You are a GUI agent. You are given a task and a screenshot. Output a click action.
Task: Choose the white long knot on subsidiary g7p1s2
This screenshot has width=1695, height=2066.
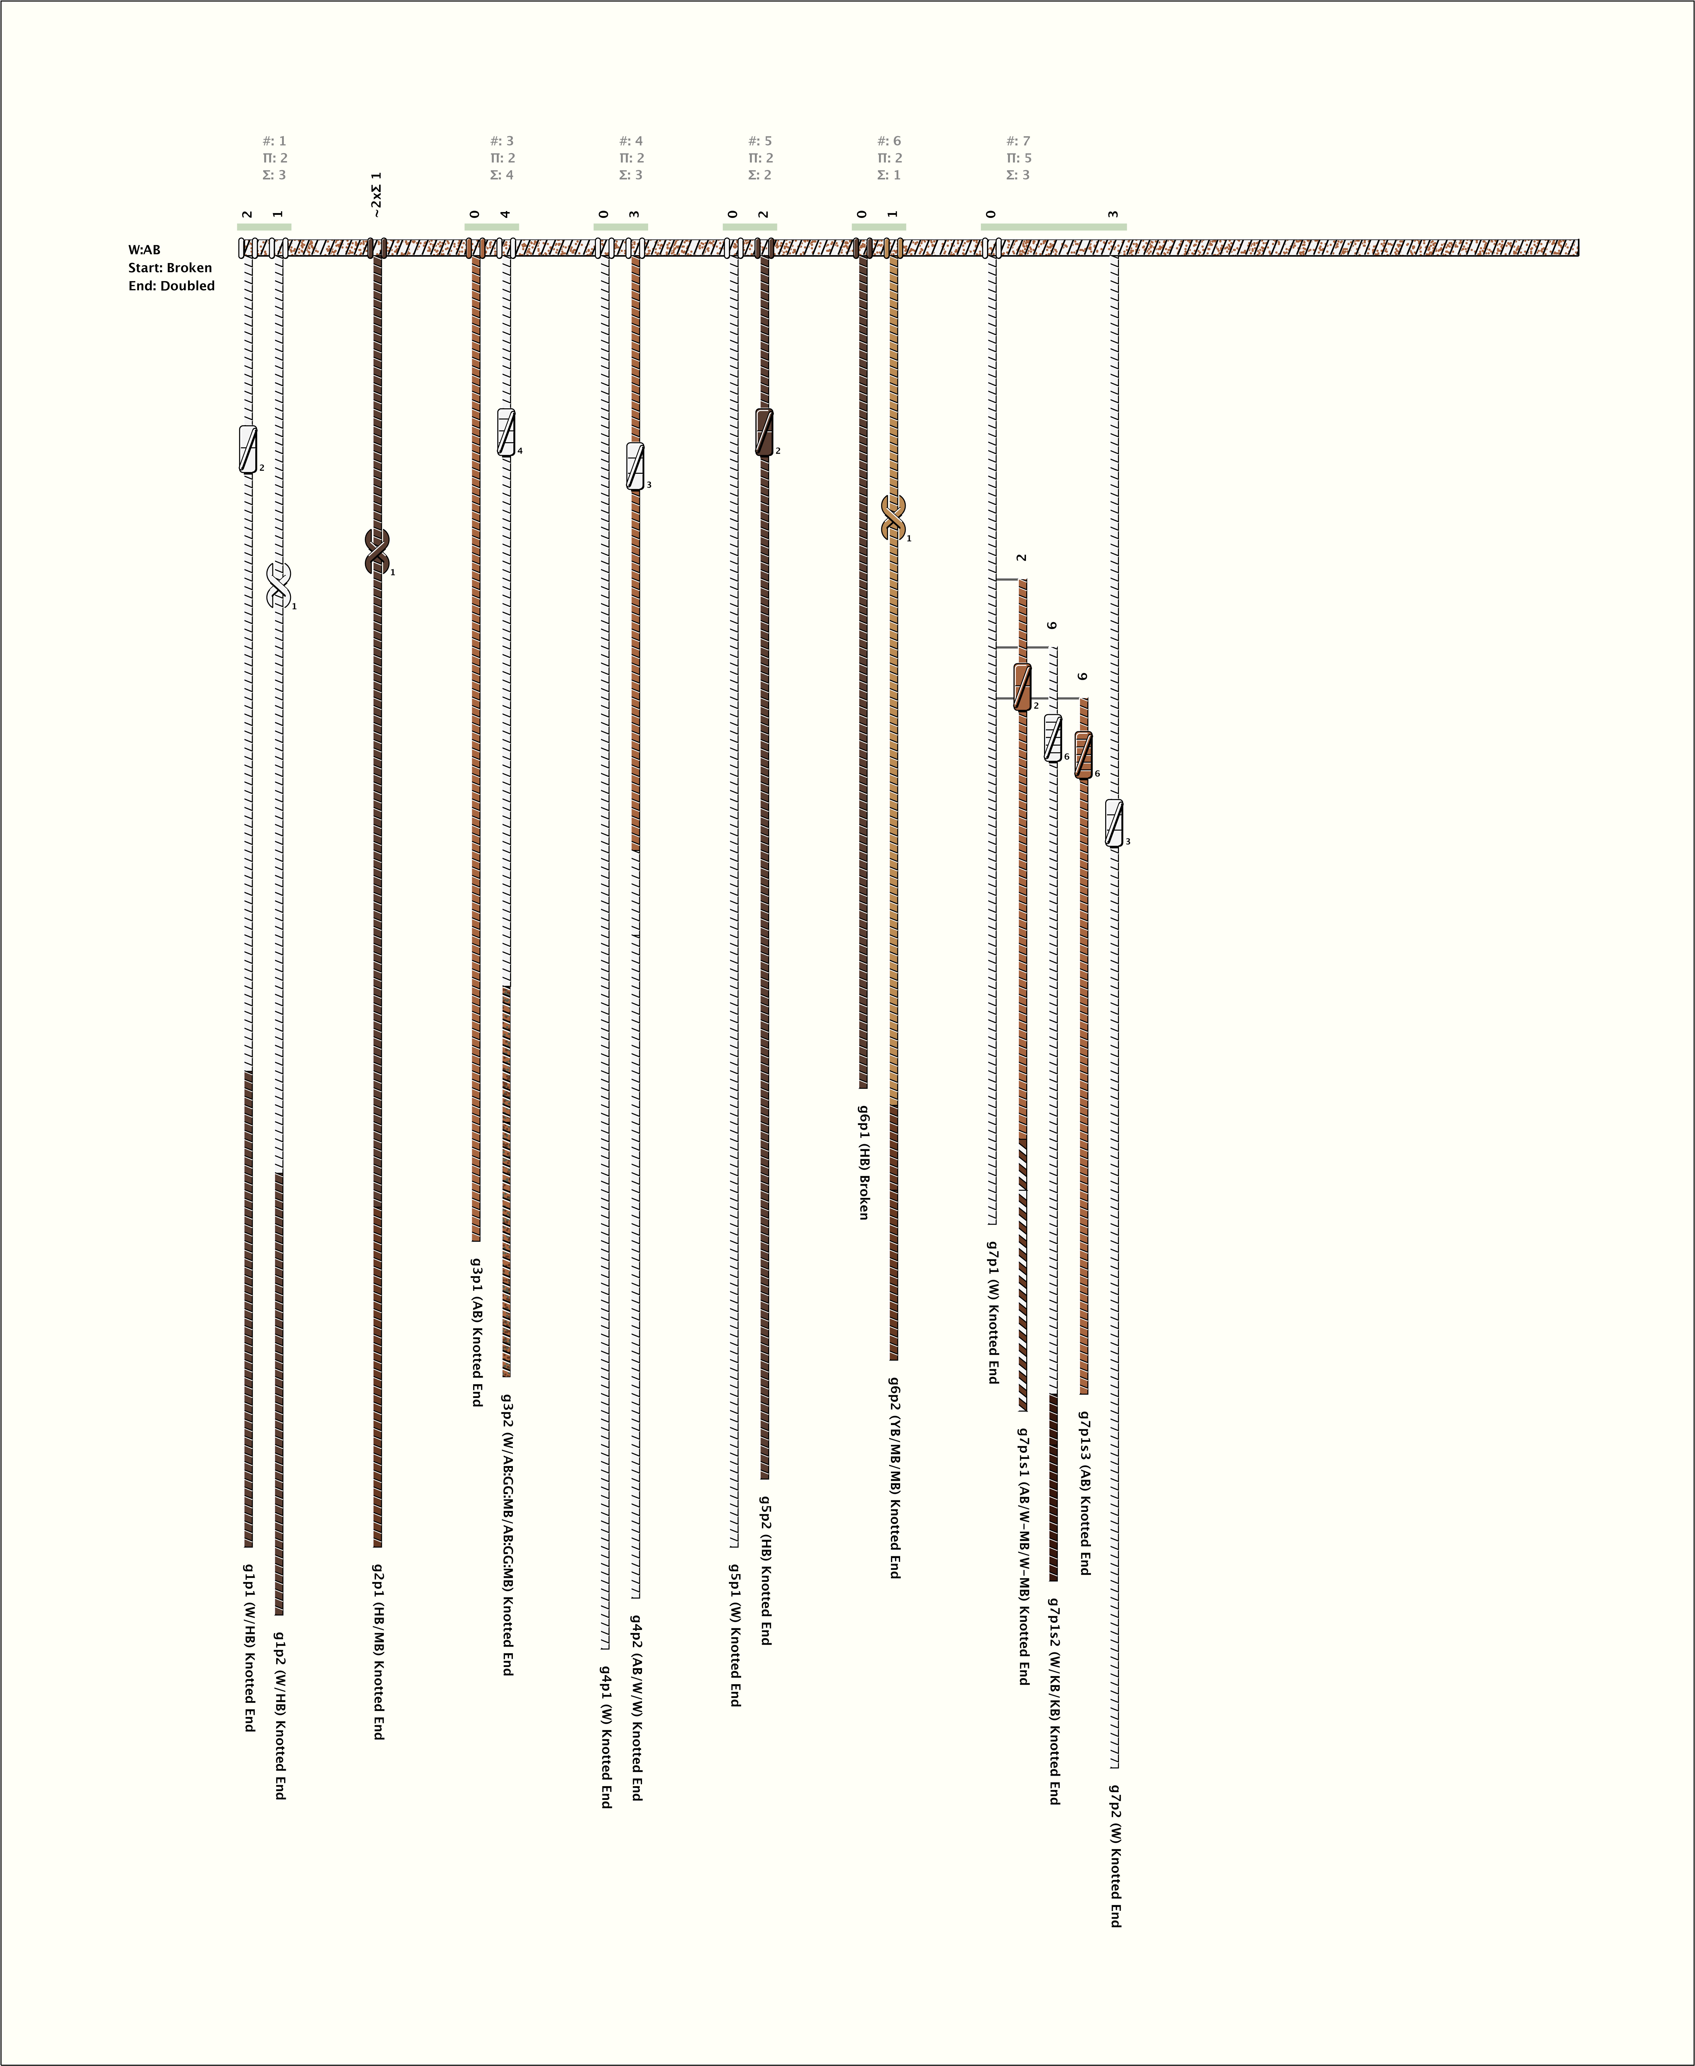pyautogui.click(x=1052, y=738)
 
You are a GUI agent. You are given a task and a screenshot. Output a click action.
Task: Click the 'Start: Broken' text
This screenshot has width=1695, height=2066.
pyautogui.click(x=170, y=268)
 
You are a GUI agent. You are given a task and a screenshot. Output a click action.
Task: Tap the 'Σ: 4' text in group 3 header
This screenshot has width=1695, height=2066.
pyautogui.click(x=502, y=175)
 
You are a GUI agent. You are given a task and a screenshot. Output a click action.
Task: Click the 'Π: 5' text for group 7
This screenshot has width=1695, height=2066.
pyautogui.click(x=1018, y=158)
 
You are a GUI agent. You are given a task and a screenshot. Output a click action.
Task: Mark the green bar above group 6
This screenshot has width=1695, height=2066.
pyautogui.click(x=879, y=227)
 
